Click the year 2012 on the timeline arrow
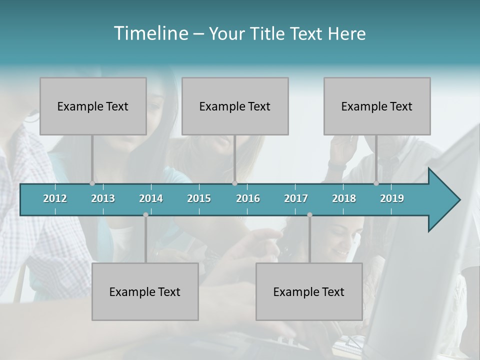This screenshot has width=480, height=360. point(55,198)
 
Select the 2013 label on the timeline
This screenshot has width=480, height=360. point(103,198)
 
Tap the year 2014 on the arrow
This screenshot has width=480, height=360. point(151,198)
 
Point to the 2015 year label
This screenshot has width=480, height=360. point(199,198)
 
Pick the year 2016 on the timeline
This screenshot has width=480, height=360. point(248,198)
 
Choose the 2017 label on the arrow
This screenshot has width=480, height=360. point(296,198)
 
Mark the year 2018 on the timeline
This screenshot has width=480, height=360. point(344,198)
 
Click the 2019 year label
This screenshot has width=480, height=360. point(392,198)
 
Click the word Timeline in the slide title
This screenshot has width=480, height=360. point(150,33)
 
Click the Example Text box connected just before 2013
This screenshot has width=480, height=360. point(93,106)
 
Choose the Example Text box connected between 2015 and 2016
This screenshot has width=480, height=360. point(235,106)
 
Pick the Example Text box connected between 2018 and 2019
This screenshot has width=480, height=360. point(377,106)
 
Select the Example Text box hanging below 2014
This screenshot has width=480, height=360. point(145,291)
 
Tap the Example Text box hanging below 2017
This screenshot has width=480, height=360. point(309,291)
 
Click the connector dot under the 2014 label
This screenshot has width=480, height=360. point(145,215)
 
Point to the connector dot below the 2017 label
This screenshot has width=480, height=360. point(309,215)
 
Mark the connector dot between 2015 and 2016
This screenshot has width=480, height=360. point(235,183)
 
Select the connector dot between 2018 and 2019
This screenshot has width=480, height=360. point(376,183)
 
